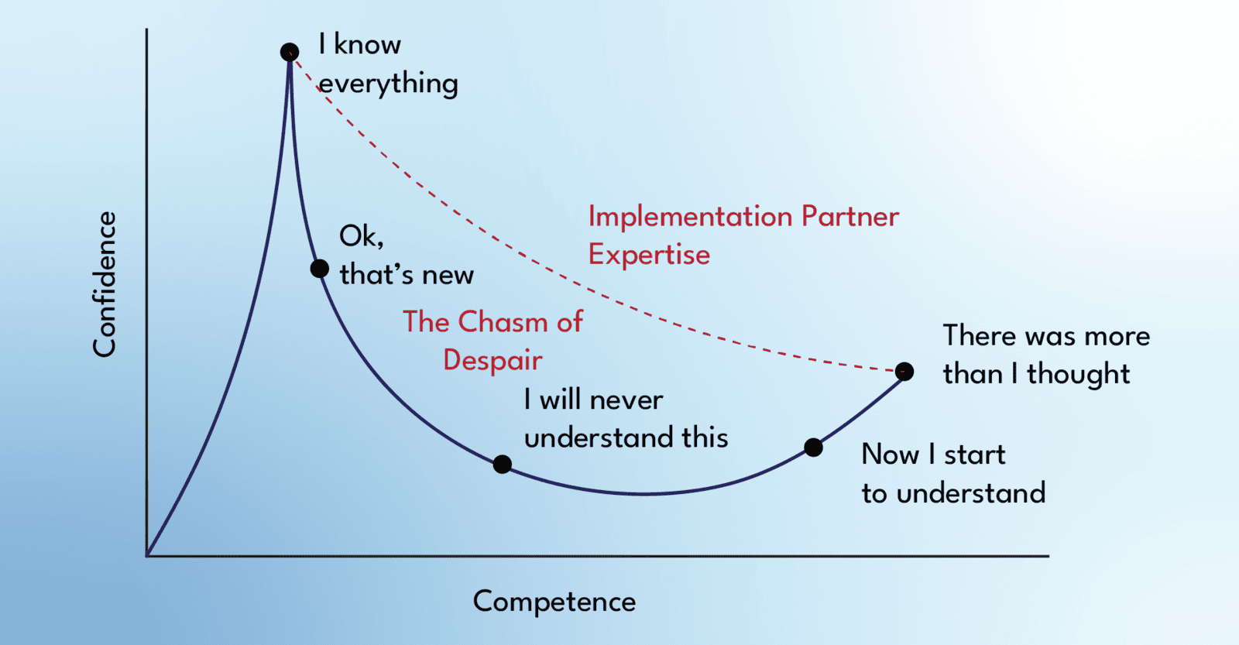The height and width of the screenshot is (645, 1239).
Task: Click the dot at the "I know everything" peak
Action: pyautogui.click(x=290, y=52)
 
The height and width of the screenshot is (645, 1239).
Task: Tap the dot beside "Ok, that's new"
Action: pyautogui.click(x=319, y=269)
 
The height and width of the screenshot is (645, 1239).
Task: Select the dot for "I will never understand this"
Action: pyautogui.click(x=503, y=465)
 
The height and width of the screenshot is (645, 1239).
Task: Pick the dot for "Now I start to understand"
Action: pyautogui.click(x=813, y=447)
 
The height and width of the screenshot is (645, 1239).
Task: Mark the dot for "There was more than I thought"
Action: pyautogui.click(x=904, y=372)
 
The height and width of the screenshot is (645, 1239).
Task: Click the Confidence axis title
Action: pyautogui.click(x=105, y=284)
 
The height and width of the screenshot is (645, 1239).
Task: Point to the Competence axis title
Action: pyautogui.click(x=554, y=602)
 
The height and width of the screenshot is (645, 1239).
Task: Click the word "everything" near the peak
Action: pyautogui.click(x=389, y=84)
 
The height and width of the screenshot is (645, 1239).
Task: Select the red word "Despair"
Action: pyautogui.click(x=493, y=360)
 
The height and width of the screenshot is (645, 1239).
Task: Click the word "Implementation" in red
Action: pyautogui.click(x=690, y=216)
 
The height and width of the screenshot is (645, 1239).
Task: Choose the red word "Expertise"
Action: pyautogui.click(x=649, y=255)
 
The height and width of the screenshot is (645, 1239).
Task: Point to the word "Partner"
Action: pyautogui.click(x=850, y=216)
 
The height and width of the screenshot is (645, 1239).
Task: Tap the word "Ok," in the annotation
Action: pyautogui.click(x=361, y=236)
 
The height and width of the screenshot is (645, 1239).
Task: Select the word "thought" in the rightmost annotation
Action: pyautogui.click(x=1078, y=374)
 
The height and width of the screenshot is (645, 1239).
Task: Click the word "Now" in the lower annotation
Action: pyautogui.click(x=891, y=455)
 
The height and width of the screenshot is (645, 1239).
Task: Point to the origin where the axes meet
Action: pyautogui.click(x=147, y=555)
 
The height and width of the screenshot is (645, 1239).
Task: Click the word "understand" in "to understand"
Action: pyautogui.click(x=971, y=493)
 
